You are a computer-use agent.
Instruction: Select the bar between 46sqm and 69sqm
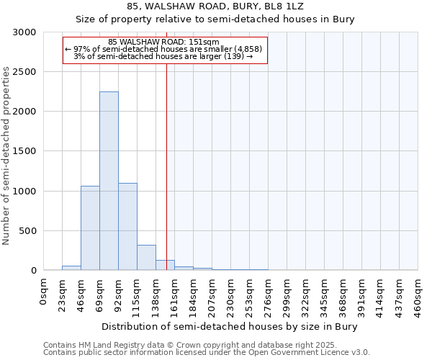pos(90,228)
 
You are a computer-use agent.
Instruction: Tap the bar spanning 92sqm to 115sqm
pos(127,227)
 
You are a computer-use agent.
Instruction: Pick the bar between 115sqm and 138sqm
pos(146,258)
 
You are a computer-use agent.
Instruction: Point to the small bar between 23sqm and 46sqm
pos(71,268)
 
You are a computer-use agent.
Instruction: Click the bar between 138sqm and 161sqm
pos(165,265)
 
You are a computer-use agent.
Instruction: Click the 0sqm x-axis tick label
pos(44,291)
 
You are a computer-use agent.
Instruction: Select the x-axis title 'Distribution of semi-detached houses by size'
pos(230,326)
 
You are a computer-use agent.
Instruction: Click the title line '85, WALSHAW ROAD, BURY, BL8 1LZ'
pos(215,6)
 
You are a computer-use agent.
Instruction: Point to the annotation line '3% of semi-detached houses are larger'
pos(163,56)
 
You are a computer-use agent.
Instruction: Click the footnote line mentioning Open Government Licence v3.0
pos(207,353)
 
